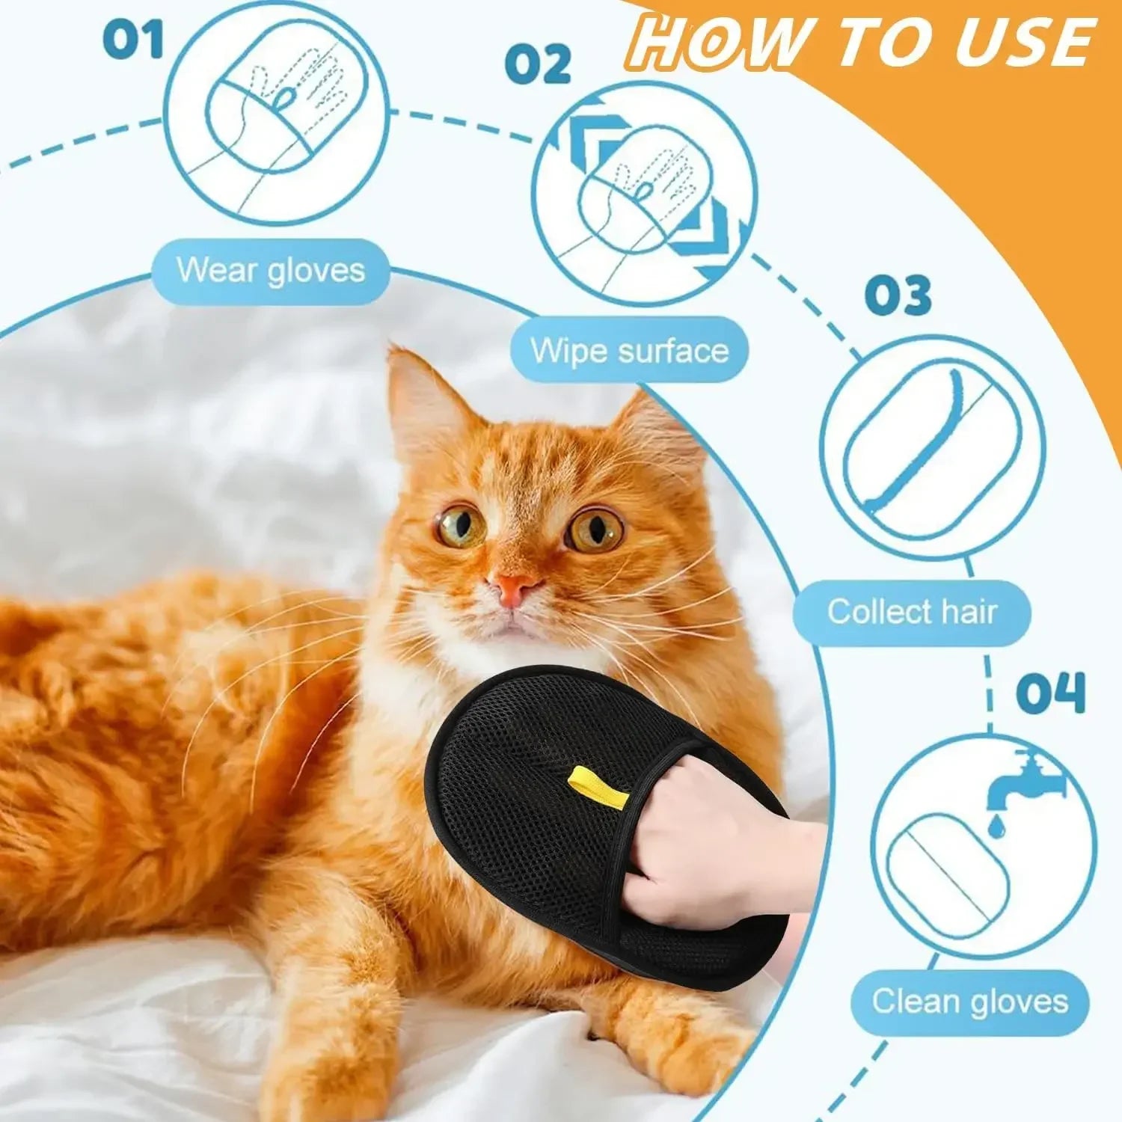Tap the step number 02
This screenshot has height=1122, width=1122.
[537, 64]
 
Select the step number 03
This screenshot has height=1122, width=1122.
[898, 296]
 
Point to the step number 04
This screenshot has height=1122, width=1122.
[1050, 693]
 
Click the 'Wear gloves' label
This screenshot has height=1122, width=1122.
[271, 270]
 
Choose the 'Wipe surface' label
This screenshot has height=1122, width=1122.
[629, 350]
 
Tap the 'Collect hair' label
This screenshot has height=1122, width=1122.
[912, 612]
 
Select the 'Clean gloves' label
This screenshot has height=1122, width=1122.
[969, 1001]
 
